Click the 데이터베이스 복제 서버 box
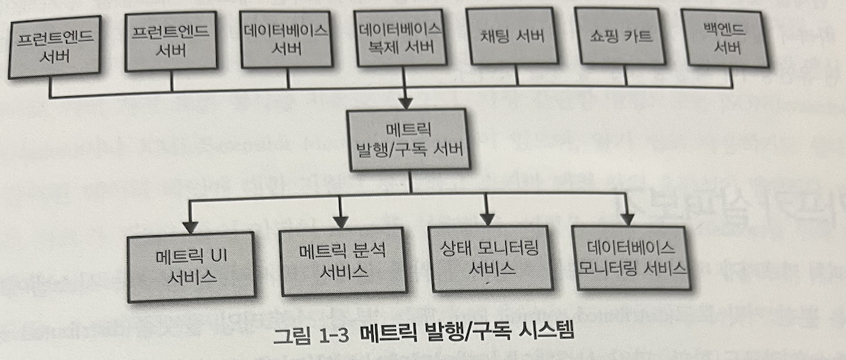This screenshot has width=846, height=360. (x=401, y=39)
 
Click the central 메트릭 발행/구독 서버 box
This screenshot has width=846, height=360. (x=408, y=139)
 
